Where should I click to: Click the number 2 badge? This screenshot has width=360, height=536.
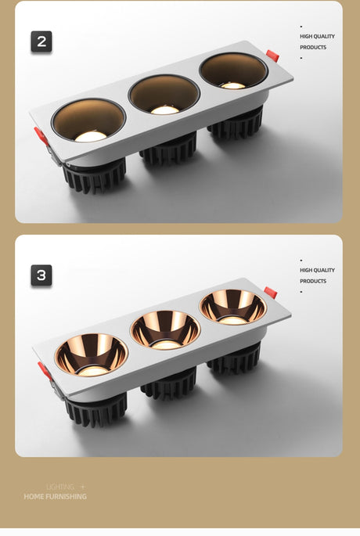click(41, 41)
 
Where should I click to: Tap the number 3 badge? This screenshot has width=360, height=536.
click(41, 275)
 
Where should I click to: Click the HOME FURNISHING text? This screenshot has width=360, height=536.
click(55, 496)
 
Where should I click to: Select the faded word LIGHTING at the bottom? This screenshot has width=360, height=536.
click(60, 487)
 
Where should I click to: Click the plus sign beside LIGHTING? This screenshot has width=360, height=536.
click(83, 487)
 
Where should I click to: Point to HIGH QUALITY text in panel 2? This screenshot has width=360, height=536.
click(317, 36)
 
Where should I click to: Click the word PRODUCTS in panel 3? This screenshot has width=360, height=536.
click(313, 281)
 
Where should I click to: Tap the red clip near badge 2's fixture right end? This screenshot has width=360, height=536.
click(272, 56)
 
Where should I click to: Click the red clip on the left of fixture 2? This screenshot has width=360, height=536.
click(41, 136)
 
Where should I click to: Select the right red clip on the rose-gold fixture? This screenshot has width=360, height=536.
click(271, 293)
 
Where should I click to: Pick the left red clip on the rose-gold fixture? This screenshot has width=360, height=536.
click(45, 371)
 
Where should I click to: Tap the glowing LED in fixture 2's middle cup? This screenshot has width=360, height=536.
click(165, 110)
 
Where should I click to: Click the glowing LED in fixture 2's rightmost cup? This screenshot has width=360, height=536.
click(232, 85)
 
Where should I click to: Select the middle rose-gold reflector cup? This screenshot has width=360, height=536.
click(165, 330)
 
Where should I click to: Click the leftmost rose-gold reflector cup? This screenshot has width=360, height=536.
click(92, 355)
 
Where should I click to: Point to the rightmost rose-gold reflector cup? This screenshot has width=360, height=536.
click(232, 307)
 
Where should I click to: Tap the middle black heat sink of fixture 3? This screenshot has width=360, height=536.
click(169, 383)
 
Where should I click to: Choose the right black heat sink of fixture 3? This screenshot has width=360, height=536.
click(235, 359)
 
